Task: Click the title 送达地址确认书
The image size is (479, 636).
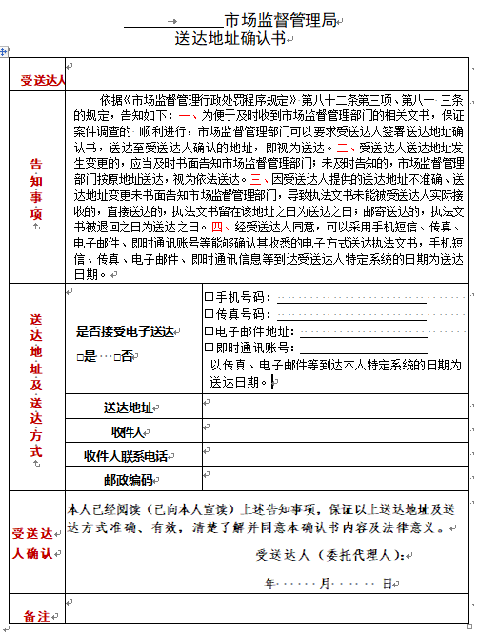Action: click(230, 39)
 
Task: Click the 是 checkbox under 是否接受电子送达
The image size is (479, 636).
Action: click(82, 356)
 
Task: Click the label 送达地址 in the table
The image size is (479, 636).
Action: click(129, 407)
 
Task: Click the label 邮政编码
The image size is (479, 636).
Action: click(128, 479)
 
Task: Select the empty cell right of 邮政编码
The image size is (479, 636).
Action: click(333, 479)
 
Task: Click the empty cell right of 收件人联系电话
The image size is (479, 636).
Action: click(333, 456)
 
